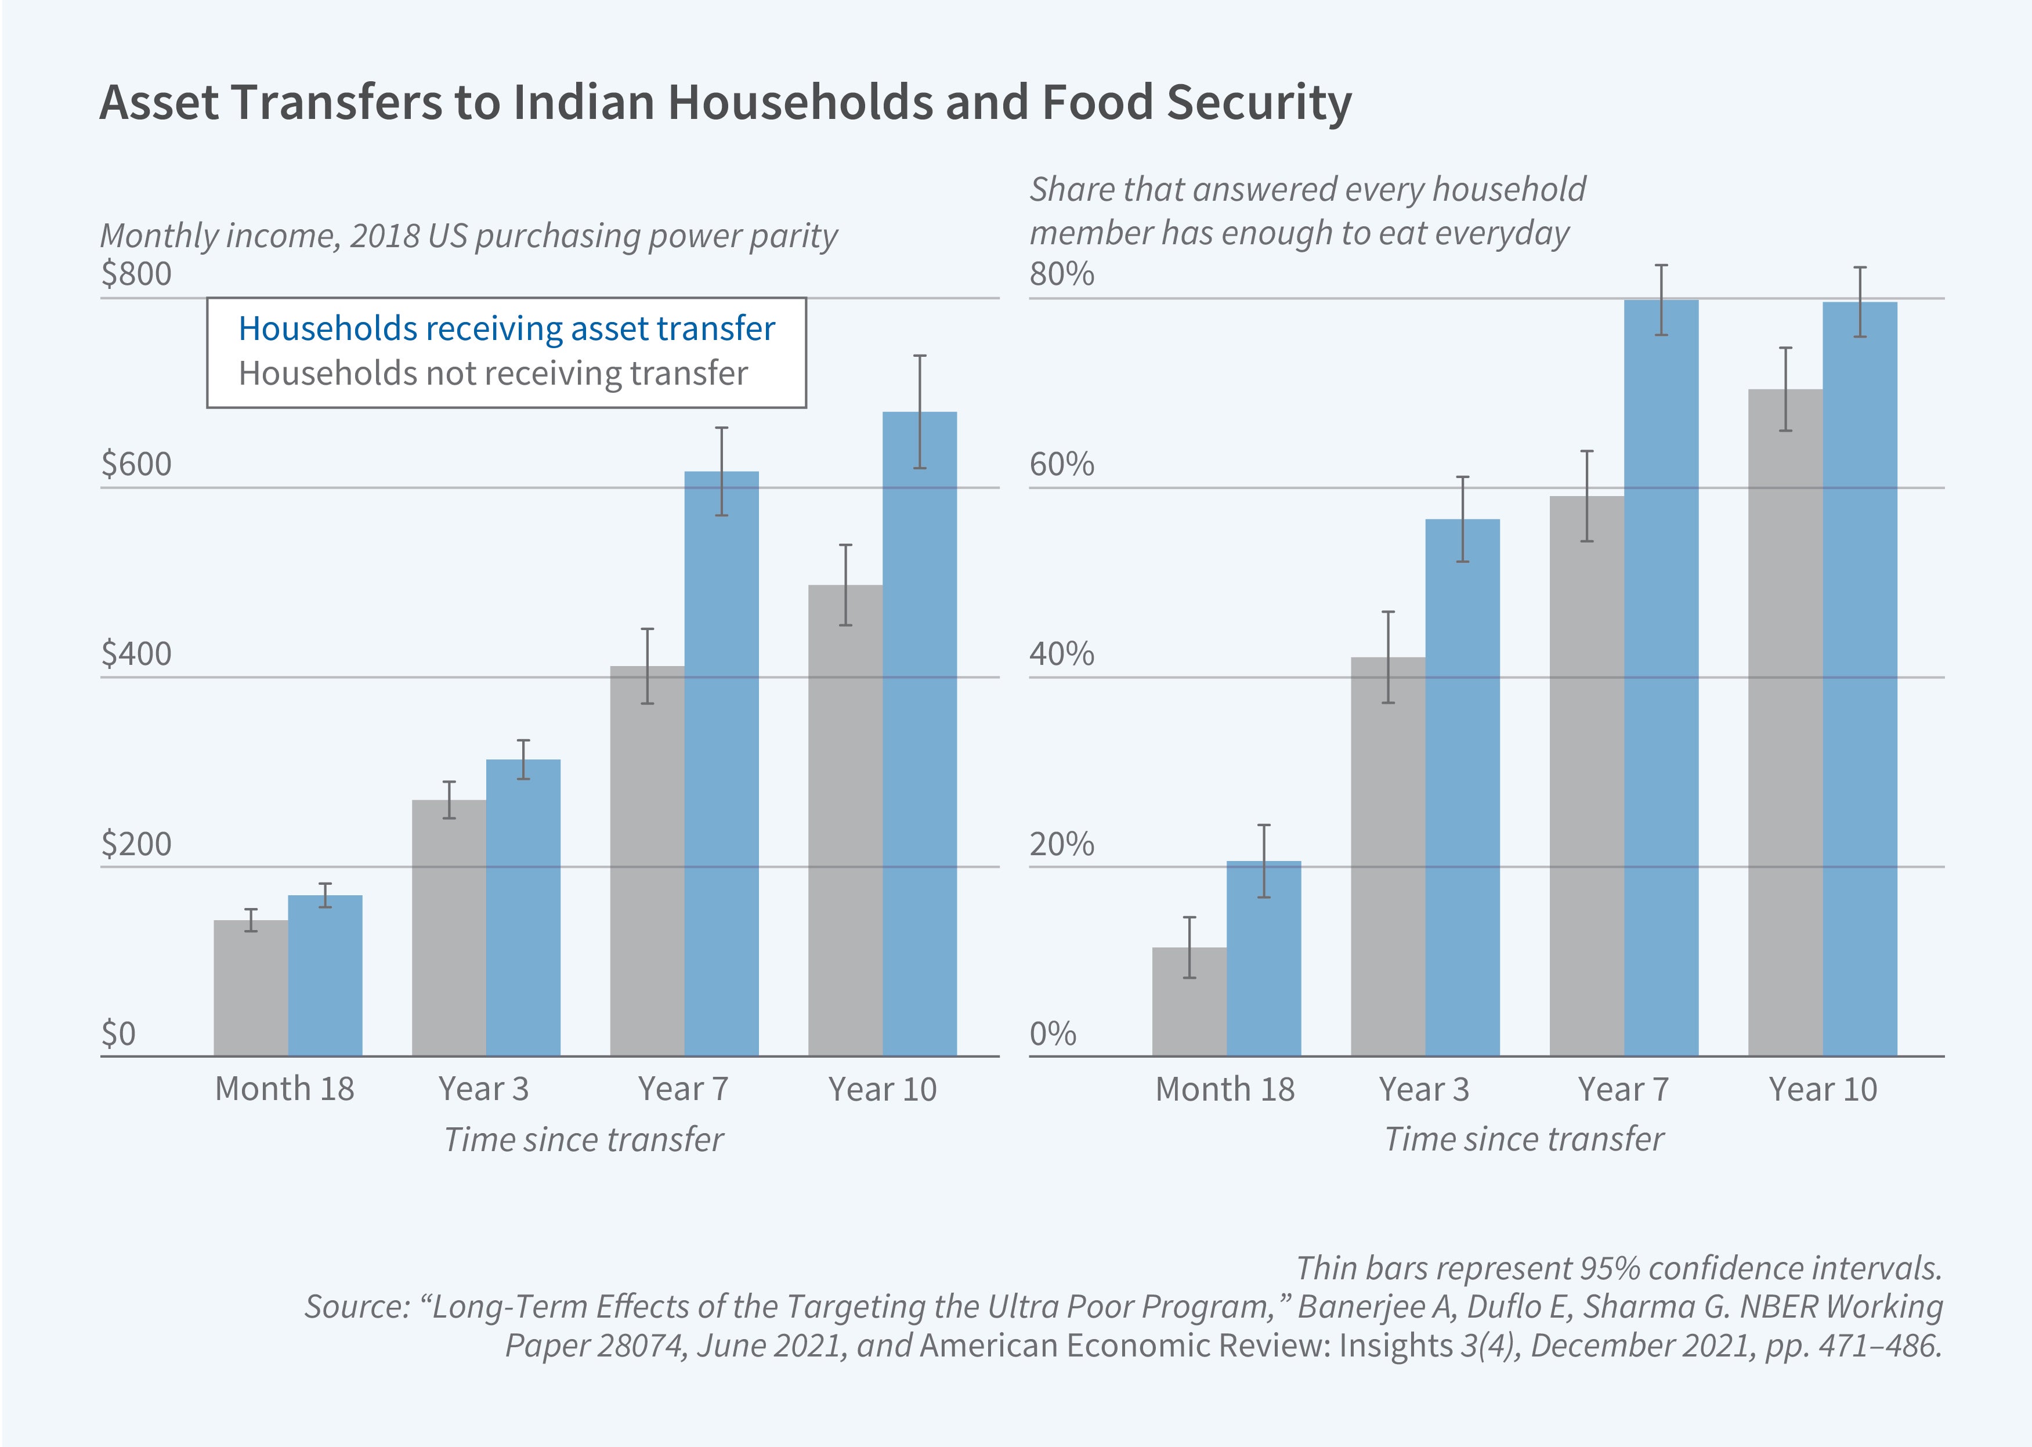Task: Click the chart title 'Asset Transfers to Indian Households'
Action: [x=724, y=103]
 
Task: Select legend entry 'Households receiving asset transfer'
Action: [x=506, y=329]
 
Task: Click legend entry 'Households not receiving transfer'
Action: [x=493, y=373]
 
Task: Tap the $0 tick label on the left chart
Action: [x=118, y=1033]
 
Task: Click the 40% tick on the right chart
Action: [x=1061, y=654]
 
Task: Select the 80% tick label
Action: [x=1061, y=273]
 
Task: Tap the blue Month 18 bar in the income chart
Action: [x=324, y=976]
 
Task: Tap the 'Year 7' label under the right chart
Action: [x=1622, y=1089]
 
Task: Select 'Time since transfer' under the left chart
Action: [x=584, y=1139]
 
